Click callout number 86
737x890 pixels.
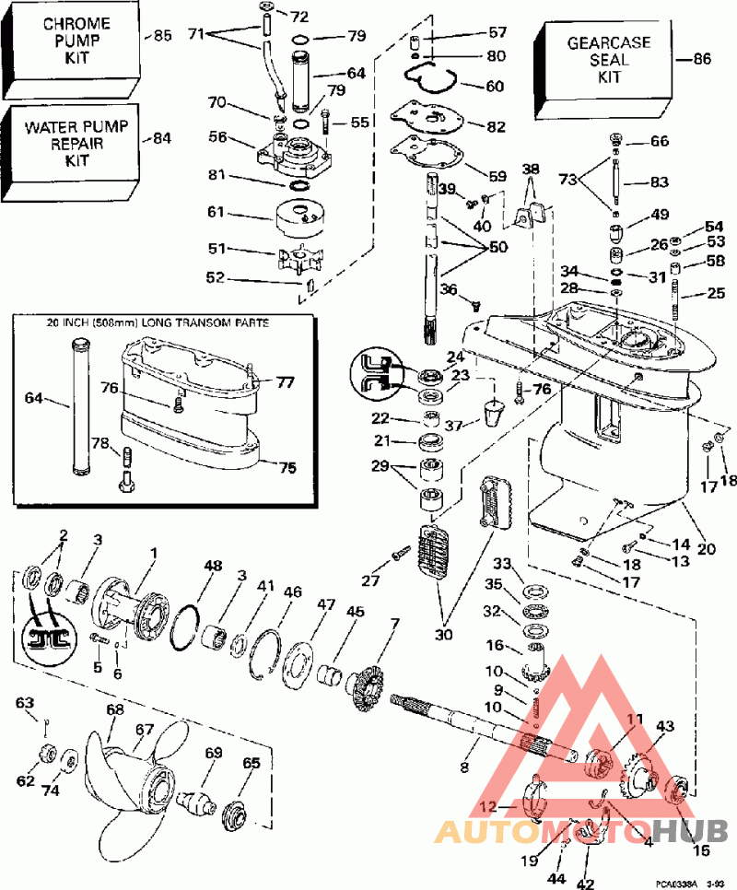click(x=702, y=58)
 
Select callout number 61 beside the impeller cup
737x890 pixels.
click(x=215, y=213)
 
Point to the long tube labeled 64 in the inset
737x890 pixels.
click(x=78, y=406)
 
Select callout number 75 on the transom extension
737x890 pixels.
click(x=288, y=467)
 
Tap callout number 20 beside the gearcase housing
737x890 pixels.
click(x=707, y=549)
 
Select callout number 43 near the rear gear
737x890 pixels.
click(x=665, y=726)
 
